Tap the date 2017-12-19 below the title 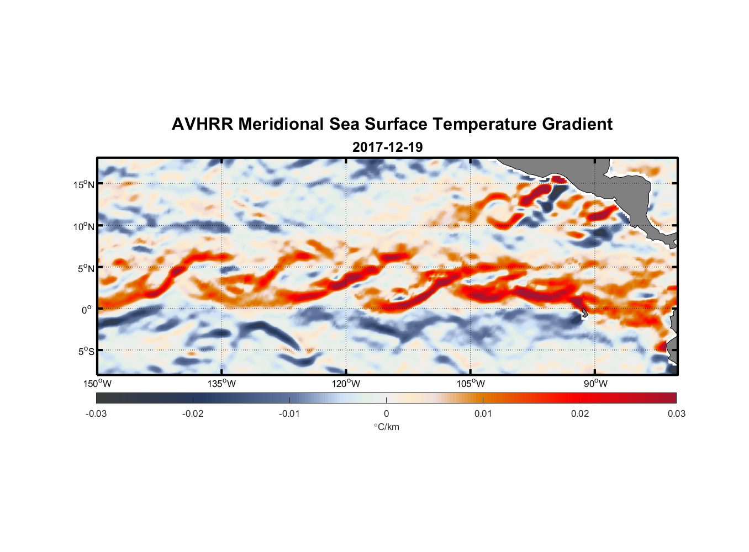coord(387,147)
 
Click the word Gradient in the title coord(577,124)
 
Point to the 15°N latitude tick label coord(84,184)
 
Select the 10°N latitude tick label coord(84,226)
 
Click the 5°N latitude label coord(86,268)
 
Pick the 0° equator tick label coord(87,310)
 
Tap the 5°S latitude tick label coord(86,351)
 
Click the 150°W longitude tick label coord(98,384)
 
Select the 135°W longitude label coord(222,384)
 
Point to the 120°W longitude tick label coord(346,384)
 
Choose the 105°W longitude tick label coord(471,384)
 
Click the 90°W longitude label coord(595,384)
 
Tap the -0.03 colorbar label coord(96,413)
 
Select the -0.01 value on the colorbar coord(289,413)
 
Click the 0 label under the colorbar coord(386,413)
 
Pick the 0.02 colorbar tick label coord(580,413)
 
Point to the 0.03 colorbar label coord(676,413)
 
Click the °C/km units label coord(387,427)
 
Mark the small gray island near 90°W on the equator coord(584,313)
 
